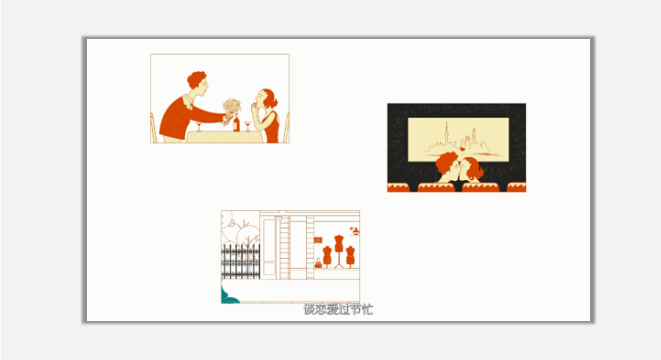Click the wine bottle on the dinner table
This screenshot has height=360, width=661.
click(236, 123)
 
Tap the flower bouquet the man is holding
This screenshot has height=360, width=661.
click(232, 109)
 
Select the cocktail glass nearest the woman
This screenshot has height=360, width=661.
click(248, 126)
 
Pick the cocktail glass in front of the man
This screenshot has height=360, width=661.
click(199, 126)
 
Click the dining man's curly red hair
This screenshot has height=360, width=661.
click(196, 78)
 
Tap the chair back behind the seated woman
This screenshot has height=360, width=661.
click(287, 128)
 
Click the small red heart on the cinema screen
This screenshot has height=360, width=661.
click(462, 149)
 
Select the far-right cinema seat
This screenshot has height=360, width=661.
click(516, 187)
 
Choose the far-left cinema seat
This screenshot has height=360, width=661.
click(398, 187)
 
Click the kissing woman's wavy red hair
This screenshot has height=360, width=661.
click(475, 168)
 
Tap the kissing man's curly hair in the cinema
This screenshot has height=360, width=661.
click(446, 162)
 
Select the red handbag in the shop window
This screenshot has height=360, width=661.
click(318, 263)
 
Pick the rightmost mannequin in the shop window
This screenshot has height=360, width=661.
click(350, 256)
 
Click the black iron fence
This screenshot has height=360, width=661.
click(240, 261)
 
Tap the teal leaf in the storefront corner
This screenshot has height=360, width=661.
click(228, 295)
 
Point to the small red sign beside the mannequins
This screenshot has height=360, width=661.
click(318, 240)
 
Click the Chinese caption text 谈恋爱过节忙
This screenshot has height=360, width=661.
click(338, 309)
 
